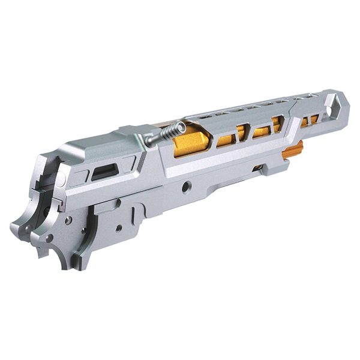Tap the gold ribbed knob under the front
(293, 150)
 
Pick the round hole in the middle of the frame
(187, 187)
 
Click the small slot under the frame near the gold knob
(257, 169)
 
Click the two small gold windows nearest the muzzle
(309, 121)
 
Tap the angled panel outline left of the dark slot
(80, 176)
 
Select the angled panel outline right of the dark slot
(127, 163)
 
